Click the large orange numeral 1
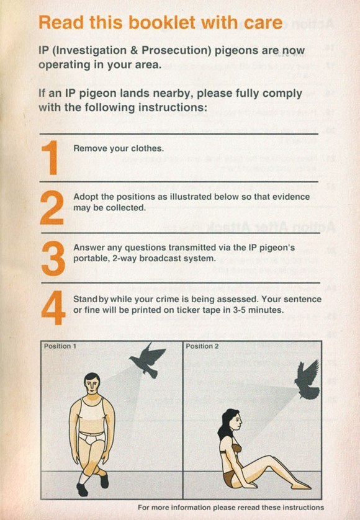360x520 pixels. tap(50, 157)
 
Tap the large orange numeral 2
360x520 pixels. tap(52, 208)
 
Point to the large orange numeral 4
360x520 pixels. tap(53, 308)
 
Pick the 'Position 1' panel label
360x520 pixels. tap(60, 346)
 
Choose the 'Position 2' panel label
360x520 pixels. tap(202, 346)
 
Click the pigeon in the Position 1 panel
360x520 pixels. tap(148, 360)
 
